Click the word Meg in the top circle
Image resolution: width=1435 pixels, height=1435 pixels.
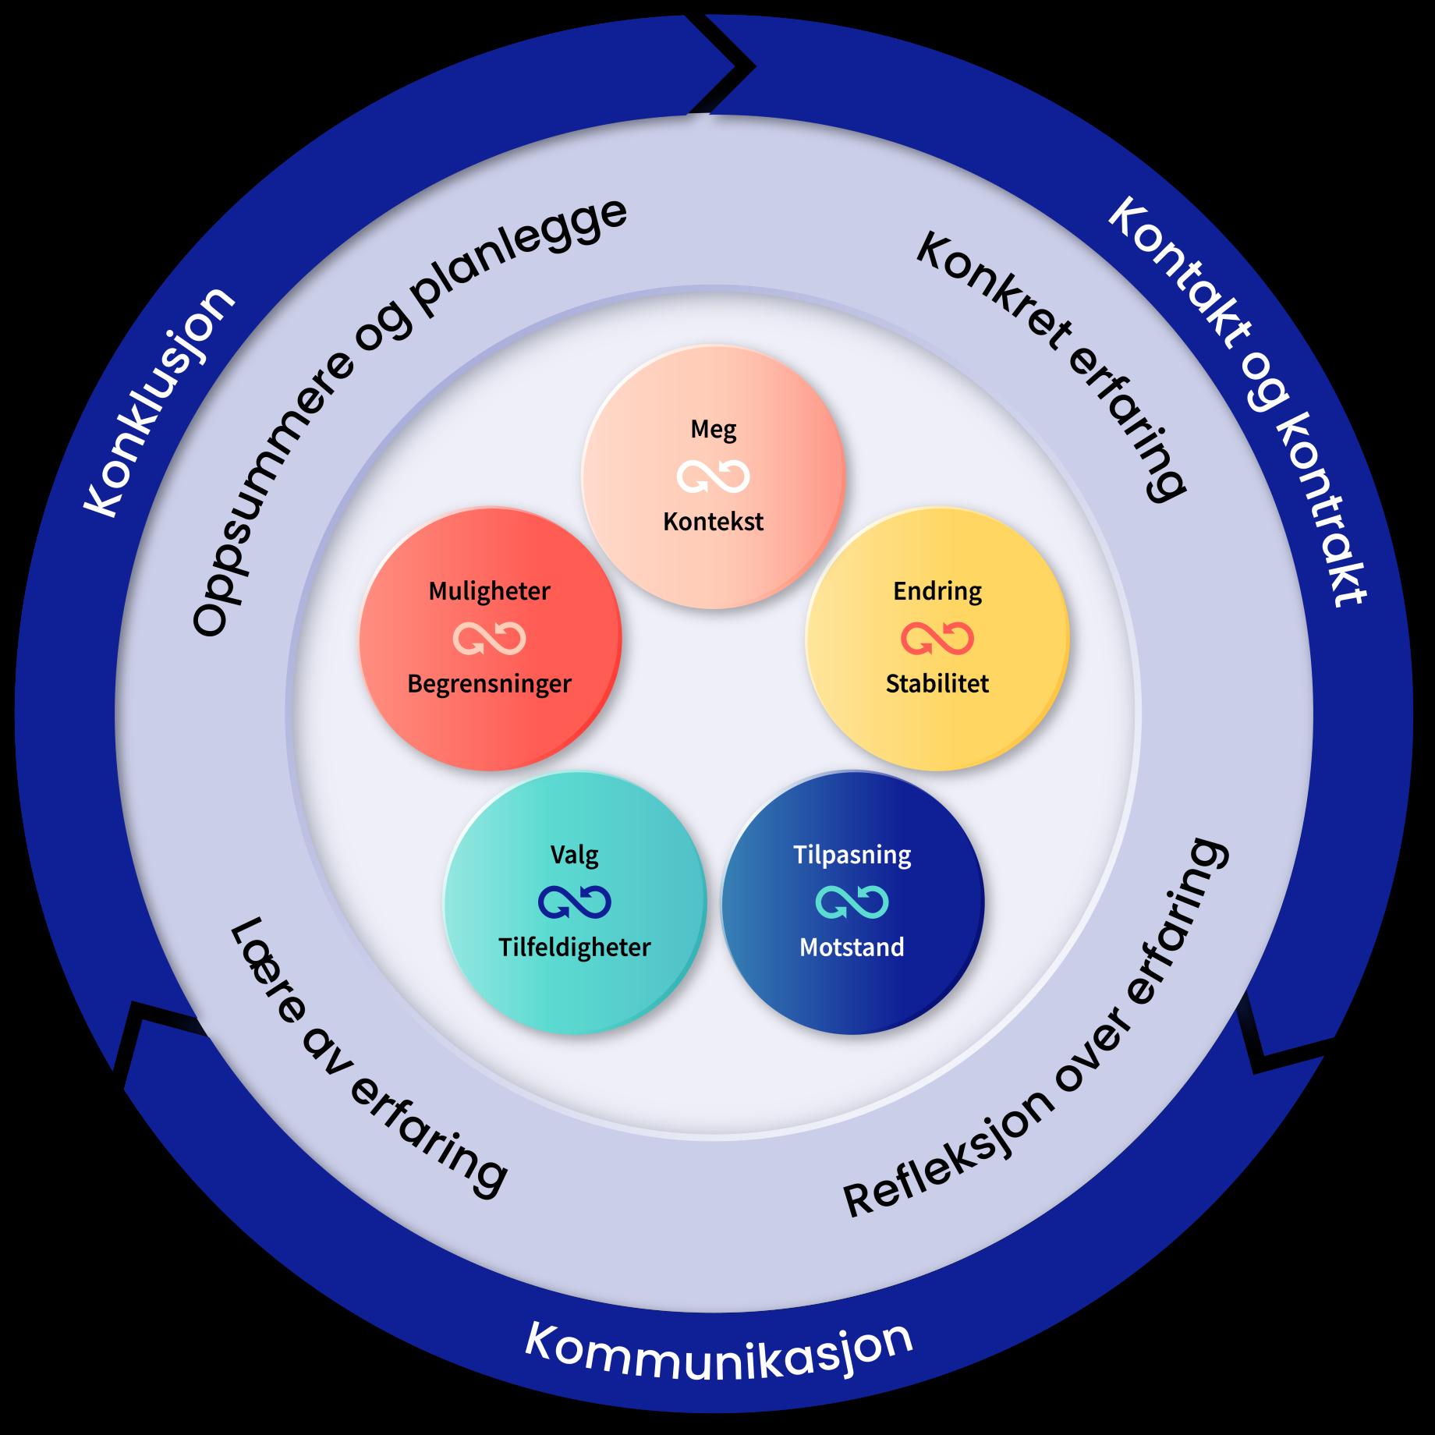713,430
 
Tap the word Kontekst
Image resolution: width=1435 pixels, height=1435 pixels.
713,522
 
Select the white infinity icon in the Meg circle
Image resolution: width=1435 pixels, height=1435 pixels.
713,477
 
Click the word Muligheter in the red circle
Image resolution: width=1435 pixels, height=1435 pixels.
489,591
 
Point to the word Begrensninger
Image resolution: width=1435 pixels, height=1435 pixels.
489,684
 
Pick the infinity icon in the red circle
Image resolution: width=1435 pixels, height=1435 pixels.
489,639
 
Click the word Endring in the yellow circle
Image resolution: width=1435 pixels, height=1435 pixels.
937,591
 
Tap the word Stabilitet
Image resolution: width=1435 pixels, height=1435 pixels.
937,684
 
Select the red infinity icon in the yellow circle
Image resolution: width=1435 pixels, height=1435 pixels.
937,639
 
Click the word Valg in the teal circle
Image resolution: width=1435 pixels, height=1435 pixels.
575,856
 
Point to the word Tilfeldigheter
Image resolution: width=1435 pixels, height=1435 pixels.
575,948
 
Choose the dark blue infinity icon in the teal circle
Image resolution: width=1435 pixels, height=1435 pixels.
575,902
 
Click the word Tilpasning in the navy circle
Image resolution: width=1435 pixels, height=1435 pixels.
852,856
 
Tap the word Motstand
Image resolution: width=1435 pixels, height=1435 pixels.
852,948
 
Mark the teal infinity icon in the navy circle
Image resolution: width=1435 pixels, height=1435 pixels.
852,902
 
